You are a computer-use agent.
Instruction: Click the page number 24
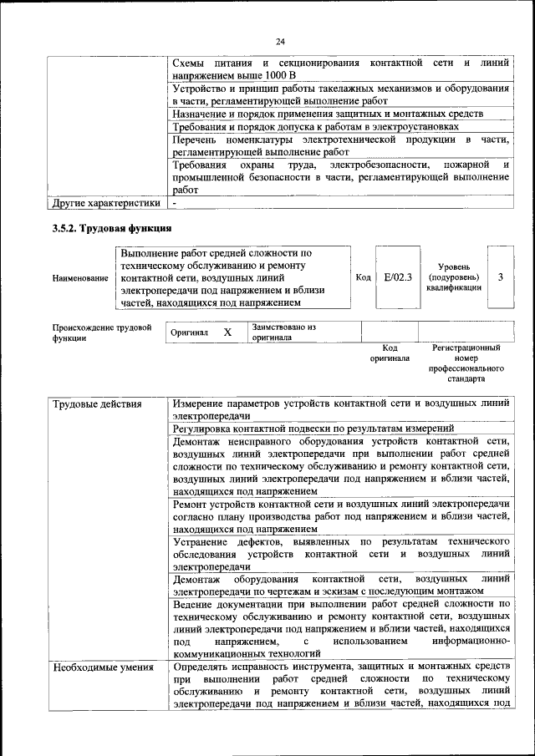[280, 42]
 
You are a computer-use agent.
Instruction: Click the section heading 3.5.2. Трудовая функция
[112, 228]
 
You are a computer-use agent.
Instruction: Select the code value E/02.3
[394, 277]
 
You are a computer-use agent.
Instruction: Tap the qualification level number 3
[499, 277]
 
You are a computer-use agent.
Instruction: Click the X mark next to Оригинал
[227, 332]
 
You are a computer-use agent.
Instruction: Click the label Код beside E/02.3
[363, 277]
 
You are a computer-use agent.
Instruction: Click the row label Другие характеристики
[105, 203]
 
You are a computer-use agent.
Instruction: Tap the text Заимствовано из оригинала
[283, 332]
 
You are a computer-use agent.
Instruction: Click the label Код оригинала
[390, 353]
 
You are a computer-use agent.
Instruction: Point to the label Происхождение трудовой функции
[101, 332]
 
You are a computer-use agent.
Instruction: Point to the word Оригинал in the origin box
[189, 332]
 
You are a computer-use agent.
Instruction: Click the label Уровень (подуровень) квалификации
[452, 277]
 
